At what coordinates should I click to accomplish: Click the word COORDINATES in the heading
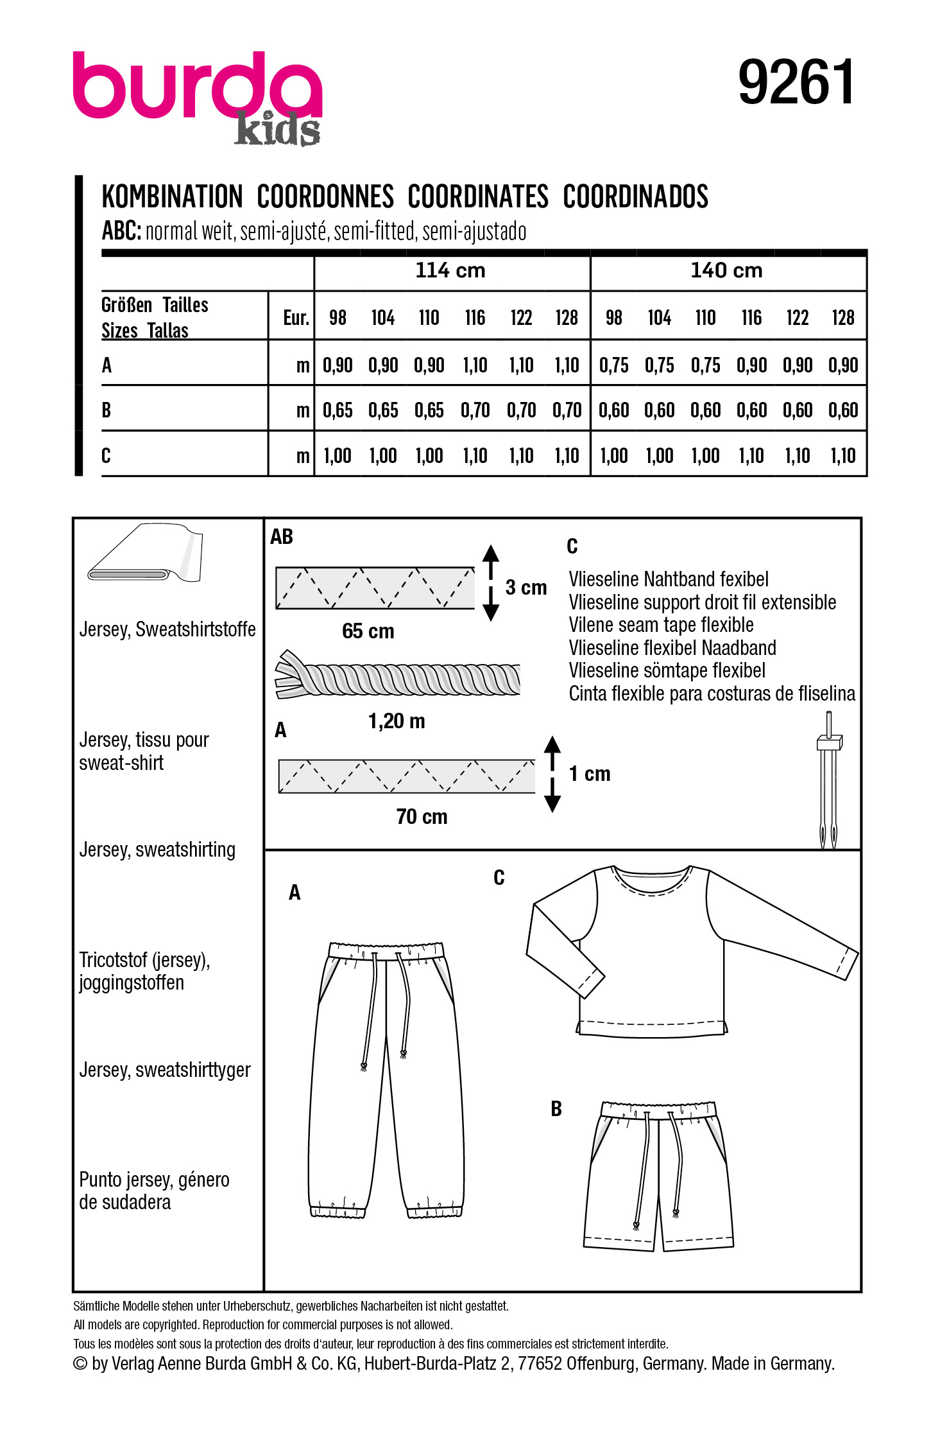pyautogui.click(x=478, y=197)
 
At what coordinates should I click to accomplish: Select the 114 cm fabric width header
pyautogui.click(x=450, y=270)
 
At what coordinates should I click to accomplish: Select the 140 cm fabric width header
pyautogui.click(x=726, y=270)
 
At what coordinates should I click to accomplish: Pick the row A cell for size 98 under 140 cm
pyautogui.click(x=613, y=365)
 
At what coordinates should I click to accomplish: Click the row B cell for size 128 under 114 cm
pyautogui.click(x=567, y=410)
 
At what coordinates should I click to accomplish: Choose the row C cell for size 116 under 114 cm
pyautogui.click(x=475, y=456)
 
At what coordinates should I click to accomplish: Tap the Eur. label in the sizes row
pyautogui.click(x=296, y=318)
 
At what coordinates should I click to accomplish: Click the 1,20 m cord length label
pyautogui.click(x=397, y=721)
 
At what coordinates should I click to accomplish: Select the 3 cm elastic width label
pyautogui.click(x=526, y=587)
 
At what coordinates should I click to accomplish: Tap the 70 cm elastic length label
pyautogui.click(x=422, y=816)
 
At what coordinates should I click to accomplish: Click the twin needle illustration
pyautogui.click(x=828, y=780)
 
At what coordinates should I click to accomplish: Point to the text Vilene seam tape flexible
pyautogui.click(x=661, y=625)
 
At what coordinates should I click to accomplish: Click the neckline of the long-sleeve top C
pyautogui.click(x=653, y=878)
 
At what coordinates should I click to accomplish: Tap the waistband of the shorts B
pyautogui.click(x=658, y=1110)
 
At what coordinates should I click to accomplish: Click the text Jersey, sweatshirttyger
pyautogui.click(x=165, y=1070)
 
